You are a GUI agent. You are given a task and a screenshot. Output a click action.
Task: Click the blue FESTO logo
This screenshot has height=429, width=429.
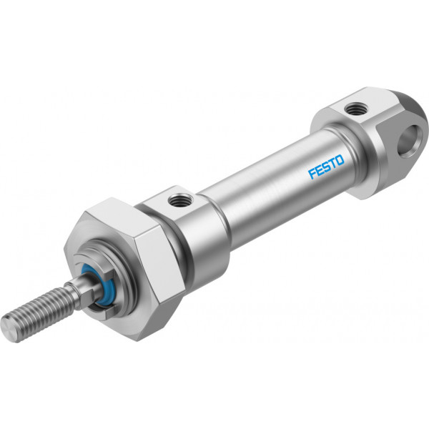tap(326, 167)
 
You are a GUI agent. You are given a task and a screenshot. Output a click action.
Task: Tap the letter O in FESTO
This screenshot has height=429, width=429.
tap(340, 160)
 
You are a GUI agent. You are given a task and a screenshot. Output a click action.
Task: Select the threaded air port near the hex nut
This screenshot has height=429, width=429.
tap(179, 200)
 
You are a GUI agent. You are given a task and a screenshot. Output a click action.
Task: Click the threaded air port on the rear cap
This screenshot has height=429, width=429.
tap(356, 109)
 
